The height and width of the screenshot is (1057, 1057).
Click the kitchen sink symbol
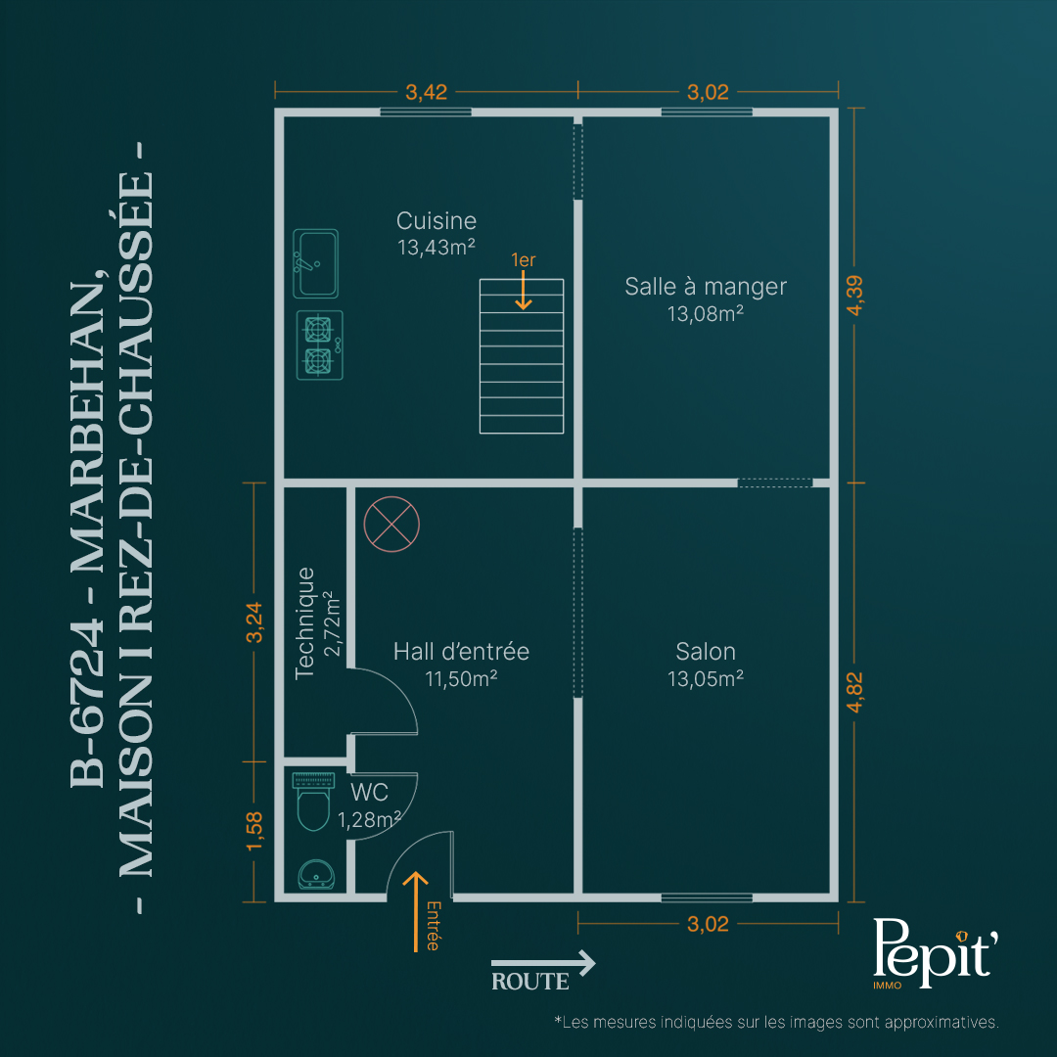point(315,263)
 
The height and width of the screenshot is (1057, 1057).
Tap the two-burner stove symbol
point(319,345)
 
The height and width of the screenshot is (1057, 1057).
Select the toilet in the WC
point(313,802)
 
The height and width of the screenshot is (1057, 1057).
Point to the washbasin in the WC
point(316,874)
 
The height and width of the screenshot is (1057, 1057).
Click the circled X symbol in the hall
point(391,524)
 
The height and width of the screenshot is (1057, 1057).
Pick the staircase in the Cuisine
point(522,356)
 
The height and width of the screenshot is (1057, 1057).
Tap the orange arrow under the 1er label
point(523,291)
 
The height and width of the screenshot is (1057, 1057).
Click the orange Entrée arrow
point(416,911)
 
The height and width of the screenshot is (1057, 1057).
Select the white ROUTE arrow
point(543,963)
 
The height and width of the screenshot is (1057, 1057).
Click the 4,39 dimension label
point(854,296)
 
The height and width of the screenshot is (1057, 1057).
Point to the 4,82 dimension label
point(854,692)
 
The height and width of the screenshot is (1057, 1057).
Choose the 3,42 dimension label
point(426,92)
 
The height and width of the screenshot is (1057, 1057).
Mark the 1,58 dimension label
point(254,831)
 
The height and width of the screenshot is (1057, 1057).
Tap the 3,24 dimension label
point(254,622)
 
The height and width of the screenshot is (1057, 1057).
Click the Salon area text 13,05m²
point(705,679)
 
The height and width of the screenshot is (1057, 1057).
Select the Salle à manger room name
point(705,287)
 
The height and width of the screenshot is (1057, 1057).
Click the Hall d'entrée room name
point(461,651)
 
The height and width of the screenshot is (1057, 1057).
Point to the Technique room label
point(304,622)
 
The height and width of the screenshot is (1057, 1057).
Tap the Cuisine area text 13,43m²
point(437,248)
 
